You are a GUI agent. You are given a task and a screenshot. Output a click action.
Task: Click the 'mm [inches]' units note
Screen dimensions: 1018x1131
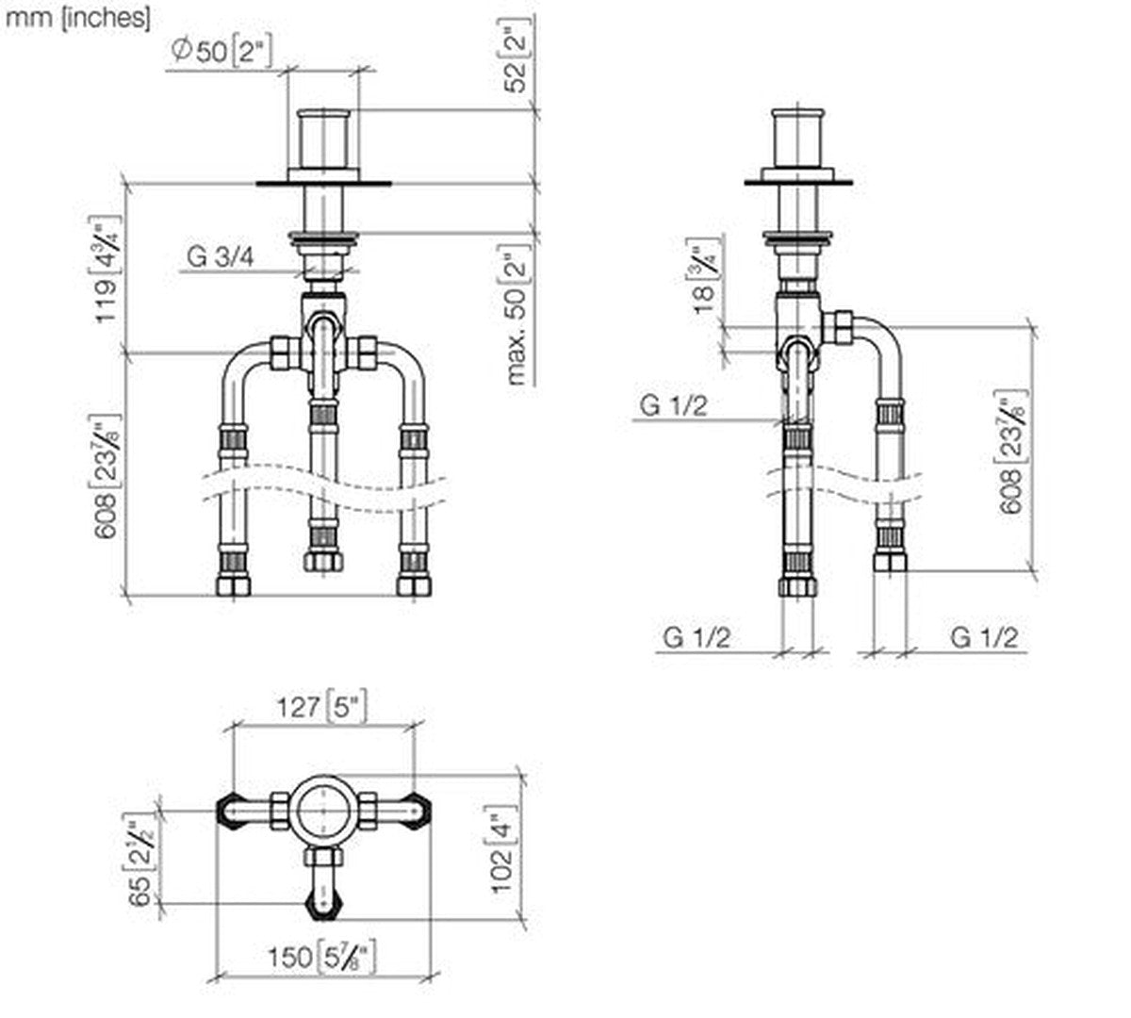[77, 18]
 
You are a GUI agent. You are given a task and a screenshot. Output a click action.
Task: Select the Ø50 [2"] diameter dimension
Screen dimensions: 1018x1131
[221, 51]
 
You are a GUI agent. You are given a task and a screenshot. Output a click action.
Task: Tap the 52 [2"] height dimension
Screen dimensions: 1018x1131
[517, 58]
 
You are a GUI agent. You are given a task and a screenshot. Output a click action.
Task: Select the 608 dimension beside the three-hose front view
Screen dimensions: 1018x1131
[108, 476]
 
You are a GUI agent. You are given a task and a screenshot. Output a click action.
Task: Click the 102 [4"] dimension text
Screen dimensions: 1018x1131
[503, 847]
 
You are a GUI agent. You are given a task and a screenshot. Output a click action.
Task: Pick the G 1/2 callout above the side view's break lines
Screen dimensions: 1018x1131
[674, 405]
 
